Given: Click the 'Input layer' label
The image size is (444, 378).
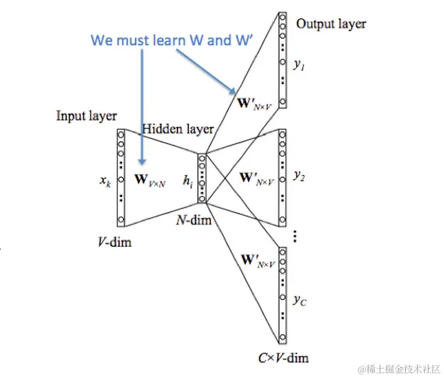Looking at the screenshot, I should click(87, 116).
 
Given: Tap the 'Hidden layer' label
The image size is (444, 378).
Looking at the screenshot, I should click(178, 129).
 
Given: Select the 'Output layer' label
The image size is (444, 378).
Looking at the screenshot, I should click(331, 24).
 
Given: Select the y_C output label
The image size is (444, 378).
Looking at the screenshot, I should click(299, 299).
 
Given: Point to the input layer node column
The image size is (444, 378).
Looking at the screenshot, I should click(121, 177).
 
